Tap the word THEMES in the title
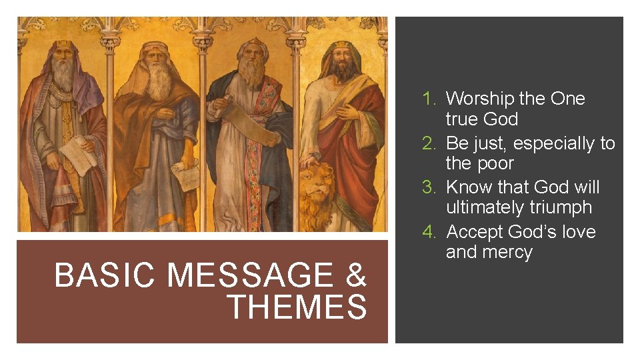(x=297, y=307)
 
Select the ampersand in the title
(x=356, y=275)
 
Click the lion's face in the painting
(x=314, y=190)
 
